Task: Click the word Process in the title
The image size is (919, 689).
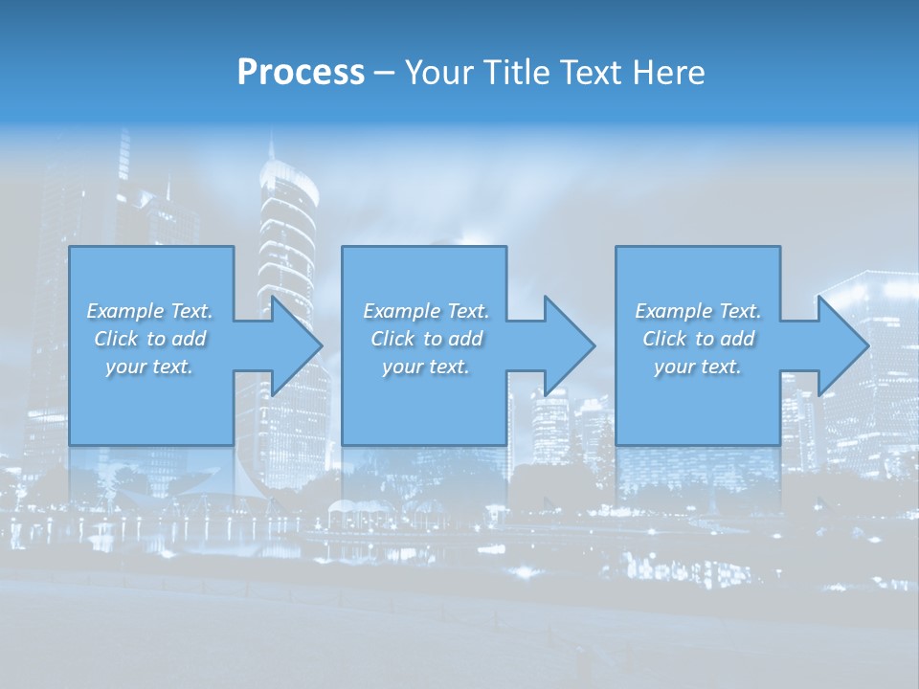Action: tap(301, 73)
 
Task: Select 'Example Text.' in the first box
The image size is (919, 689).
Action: tap(149, 311)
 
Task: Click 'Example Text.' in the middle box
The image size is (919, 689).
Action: tap(426, 311)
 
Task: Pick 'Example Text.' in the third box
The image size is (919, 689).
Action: tap(698, 311)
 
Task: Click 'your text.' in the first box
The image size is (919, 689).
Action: tap(149, 367)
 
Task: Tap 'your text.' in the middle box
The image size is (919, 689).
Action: tap(426, 367)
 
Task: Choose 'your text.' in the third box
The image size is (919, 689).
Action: tap(698, 367)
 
